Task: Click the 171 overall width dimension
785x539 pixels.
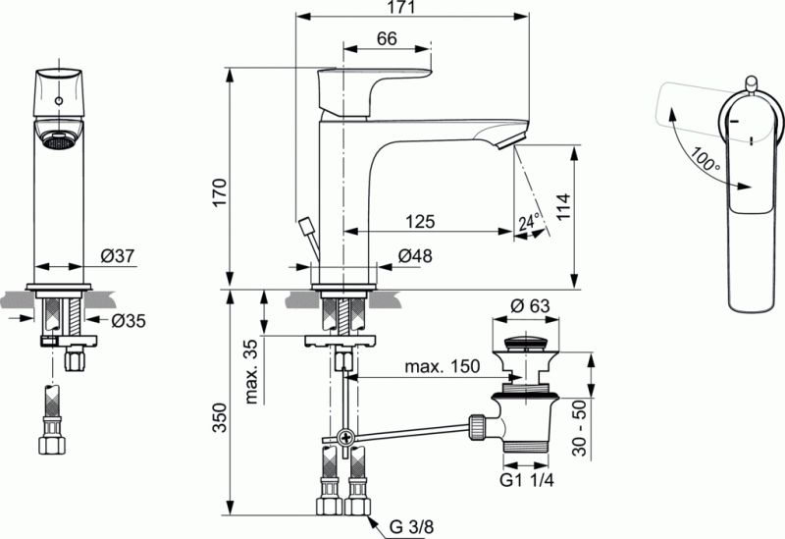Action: (407, 9)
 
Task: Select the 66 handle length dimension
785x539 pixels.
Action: (386, 38)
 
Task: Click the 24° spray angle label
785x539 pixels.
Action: (530, 224)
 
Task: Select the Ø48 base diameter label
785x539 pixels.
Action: (416, 258)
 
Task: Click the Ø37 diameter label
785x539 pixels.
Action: (117, 257)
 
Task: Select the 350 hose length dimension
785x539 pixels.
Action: (219, 420)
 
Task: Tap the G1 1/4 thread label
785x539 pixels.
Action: (526, 481)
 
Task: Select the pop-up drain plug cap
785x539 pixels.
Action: (530, 345)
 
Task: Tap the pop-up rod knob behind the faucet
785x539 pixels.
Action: (305, 224)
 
